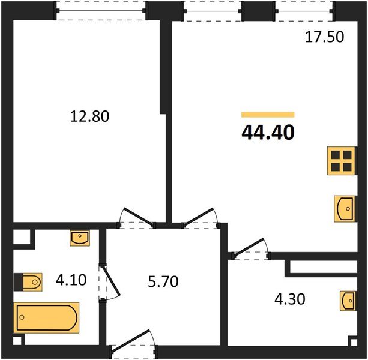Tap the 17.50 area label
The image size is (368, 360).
324,37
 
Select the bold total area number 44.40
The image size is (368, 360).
268,132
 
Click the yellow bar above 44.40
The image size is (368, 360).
268,114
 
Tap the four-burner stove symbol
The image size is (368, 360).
341,161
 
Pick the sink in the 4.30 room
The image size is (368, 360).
347,300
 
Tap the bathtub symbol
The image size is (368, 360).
46,317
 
